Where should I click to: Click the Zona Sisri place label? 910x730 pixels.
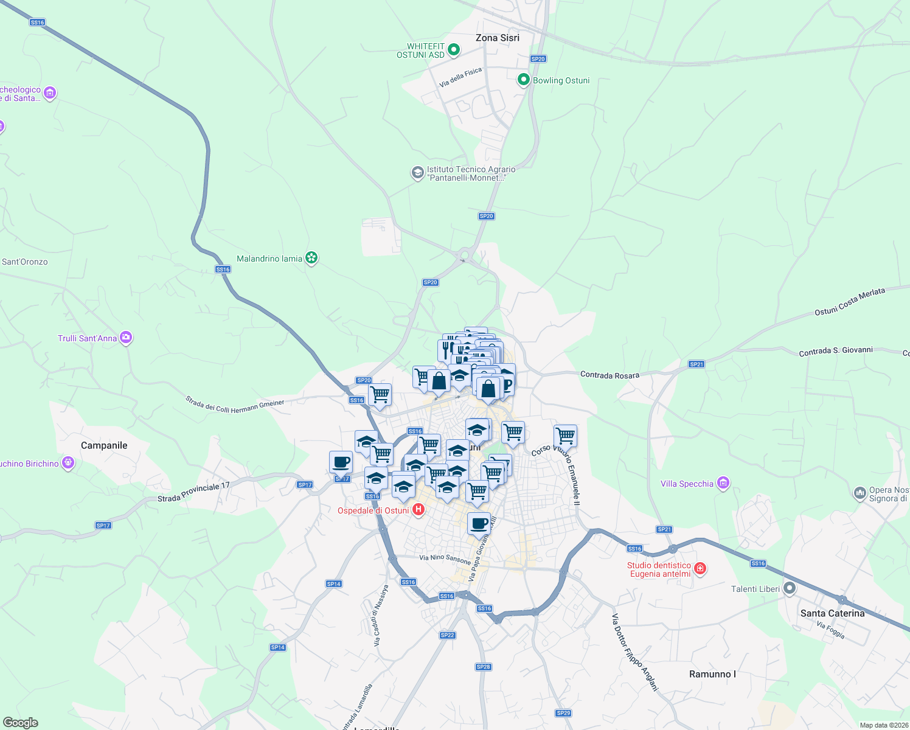coord(497,38)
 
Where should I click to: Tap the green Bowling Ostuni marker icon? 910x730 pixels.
coord(523,80)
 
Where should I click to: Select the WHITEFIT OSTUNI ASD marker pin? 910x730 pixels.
coord(453,50)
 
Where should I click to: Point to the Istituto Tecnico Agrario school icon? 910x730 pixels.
coord(417,173)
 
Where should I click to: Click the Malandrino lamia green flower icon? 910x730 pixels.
coord(311,259)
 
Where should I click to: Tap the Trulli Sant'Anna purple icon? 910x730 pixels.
coord(126,338)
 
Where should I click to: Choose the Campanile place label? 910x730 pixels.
coord(104,445)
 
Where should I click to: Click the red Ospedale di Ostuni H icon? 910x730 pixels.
coord(419,510)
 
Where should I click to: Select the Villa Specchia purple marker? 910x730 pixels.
coord(723,484)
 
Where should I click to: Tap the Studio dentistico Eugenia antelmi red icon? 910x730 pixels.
coord(700,569)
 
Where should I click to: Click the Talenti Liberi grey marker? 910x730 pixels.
coord(790,588)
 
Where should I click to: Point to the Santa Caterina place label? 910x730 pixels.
coord(832,613)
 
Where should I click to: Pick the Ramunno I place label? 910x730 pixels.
coord(712,674)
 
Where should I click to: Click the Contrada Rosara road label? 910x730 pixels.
coord(610,375)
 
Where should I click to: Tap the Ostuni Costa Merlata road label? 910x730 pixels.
coord(850,302)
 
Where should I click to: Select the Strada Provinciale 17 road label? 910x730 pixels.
coord(193,492)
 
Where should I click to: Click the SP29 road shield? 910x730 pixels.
coord(563,713)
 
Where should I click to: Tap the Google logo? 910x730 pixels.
coord(20,723)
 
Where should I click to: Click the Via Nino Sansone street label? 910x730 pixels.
coord(445,558)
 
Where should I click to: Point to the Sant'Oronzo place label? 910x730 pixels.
coord(24,262)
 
